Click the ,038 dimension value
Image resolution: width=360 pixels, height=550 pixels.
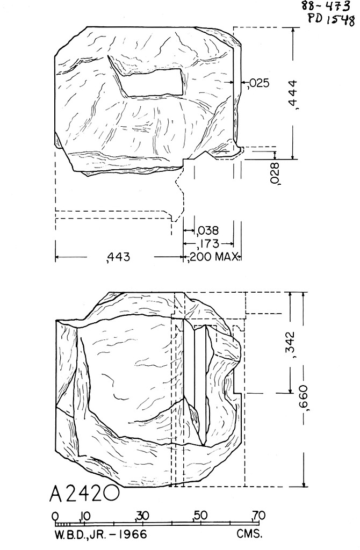pos(207,231)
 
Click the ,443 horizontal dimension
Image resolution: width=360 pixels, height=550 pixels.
pos(119,258)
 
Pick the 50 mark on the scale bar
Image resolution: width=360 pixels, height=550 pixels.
pos(200,516)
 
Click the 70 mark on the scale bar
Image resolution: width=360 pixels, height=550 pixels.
pos(258,516)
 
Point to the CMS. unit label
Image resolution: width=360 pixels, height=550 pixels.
pos(249,535)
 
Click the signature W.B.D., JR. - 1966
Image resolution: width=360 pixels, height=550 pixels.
pos(100,535)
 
